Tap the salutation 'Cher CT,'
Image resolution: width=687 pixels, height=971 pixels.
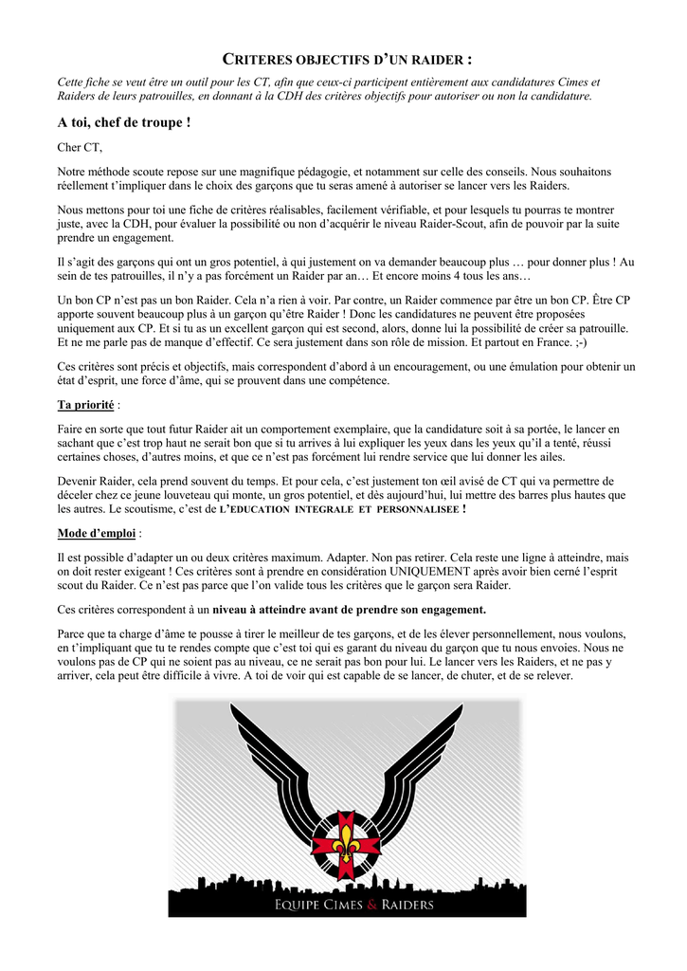pos(80,147)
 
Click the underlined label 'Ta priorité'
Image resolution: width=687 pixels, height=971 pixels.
pos(86,405)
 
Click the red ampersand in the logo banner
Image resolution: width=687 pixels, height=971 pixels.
pos(371,904)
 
